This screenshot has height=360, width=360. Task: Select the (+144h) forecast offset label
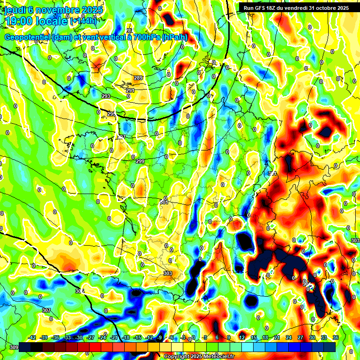tap(83, 21)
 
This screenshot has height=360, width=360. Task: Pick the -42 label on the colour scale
tap(32, 337)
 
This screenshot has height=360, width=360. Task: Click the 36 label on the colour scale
tap(336, 337)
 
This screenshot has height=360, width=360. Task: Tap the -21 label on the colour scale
tap(114, 337)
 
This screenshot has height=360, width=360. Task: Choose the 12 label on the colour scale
tap(242, 337)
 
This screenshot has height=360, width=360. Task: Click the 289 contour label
tap(138, 78)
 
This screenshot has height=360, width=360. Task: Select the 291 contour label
tap(130, 90)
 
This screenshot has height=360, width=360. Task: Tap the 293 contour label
tap(106, 96)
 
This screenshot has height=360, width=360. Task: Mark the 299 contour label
tap(140, 161)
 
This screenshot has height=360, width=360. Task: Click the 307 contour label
tap(46, 310)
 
